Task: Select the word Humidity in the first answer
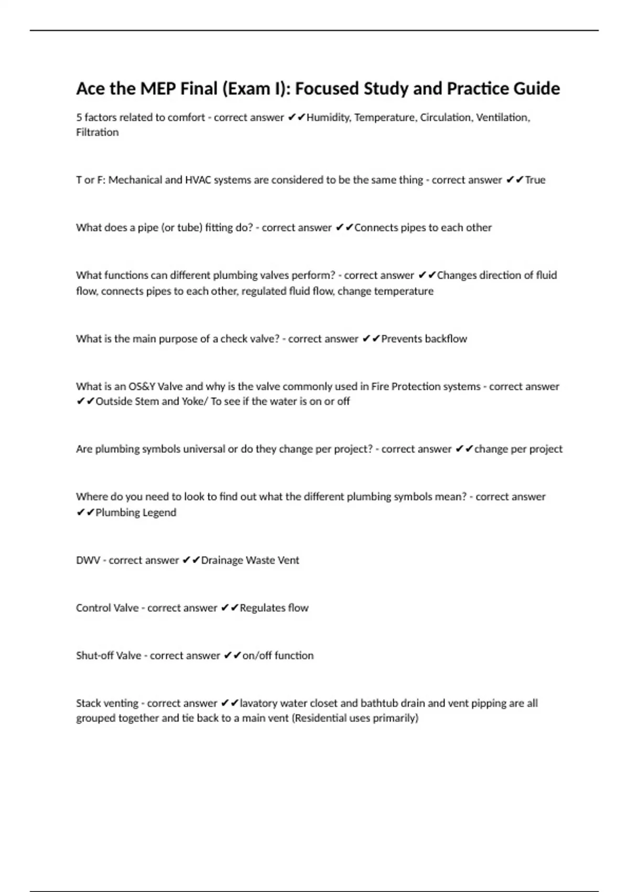(329, 118)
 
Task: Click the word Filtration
(97, 132)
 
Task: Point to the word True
(535, 180)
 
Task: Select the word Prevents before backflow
(401, 339)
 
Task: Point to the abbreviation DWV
(88, 560)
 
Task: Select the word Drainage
(222, 560)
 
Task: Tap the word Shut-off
(93, 656)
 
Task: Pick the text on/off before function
(257, 656)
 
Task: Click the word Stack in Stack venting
(89, 703)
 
